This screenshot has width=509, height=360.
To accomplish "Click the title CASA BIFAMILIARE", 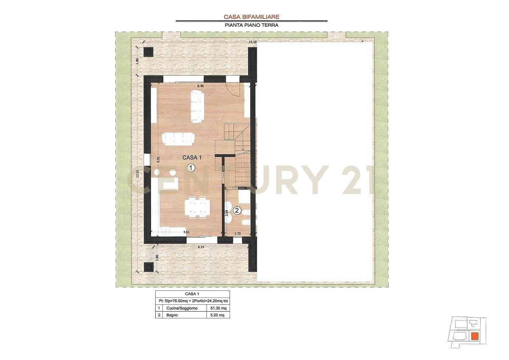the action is coord(251,17).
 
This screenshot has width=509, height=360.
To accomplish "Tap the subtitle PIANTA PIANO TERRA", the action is coord(252,25).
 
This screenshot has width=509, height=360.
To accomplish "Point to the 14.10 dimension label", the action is coord(252,42).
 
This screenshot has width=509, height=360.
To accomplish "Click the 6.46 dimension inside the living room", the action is coord(201,86).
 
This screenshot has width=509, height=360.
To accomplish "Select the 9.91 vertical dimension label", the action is coord(158,159).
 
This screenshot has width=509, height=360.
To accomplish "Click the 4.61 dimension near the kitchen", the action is coord(186,232).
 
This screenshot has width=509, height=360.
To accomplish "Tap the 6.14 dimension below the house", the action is coord(201,247).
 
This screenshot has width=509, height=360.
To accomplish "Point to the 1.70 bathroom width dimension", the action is coord(238,233).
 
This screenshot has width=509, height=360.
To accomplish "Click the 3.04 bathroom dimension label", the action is coord(227,213).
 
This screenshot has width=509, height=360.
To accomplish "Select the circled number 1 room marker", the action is coord(191,168).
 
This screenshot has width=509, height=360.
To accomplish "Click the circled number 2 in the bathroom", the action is coord(237,211).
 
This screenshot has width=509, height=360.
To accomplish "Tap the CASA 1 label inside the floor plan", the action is coord(192,157).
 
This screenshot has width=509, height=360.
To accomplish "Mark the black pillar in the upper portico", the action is coord(148,52).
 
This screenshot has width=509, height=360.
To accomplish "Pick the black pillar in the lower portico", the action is coord(149,267).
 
